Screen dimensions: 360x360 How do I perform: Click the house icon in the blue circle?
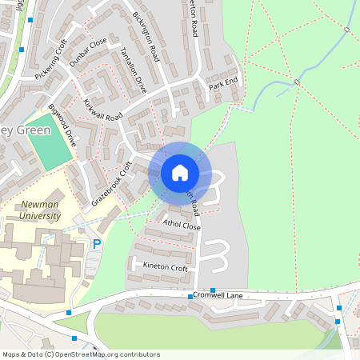tap(180, 172)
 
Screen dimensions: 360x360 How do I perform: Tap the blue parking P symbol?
tap(98, 244)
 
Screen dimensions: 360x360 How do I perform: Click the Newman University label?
tap(39, 210)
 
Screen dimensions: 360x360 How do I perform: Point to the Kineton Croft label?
tap(165, 268)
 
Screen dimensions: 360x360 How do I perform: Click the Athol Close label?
tap(181, 226)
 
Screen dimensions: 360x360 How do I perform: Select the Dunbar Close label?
tap(88, 52)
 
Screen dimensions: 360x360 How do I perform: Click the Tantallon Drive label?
tap(133, 70)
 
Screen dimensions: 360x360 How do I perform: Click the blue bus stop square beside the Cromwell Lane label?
tap(190, 297)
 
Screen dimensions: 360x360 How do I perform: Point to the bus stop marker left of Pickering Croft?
tap(22, 50)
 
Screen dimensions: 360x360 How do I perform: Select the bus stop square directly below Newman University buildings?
tap(70, 312)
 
